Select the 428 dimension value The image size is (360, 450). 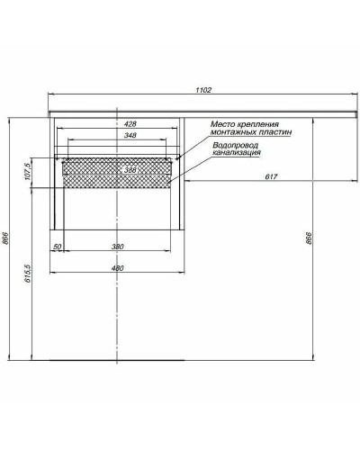130,124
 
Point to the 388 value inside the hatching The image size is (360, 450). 130,170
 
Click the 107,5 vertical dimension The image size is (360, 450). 31,173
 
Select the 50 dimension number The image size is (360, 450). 57,247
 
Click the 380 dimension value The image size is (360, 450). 118,247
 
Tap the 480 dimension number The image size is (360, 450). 117,267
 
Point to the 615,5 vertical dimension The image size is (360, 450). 31,274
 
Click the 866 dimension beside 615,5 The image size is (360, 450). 6,238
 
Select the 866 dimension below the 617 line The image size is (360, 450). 309,238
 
